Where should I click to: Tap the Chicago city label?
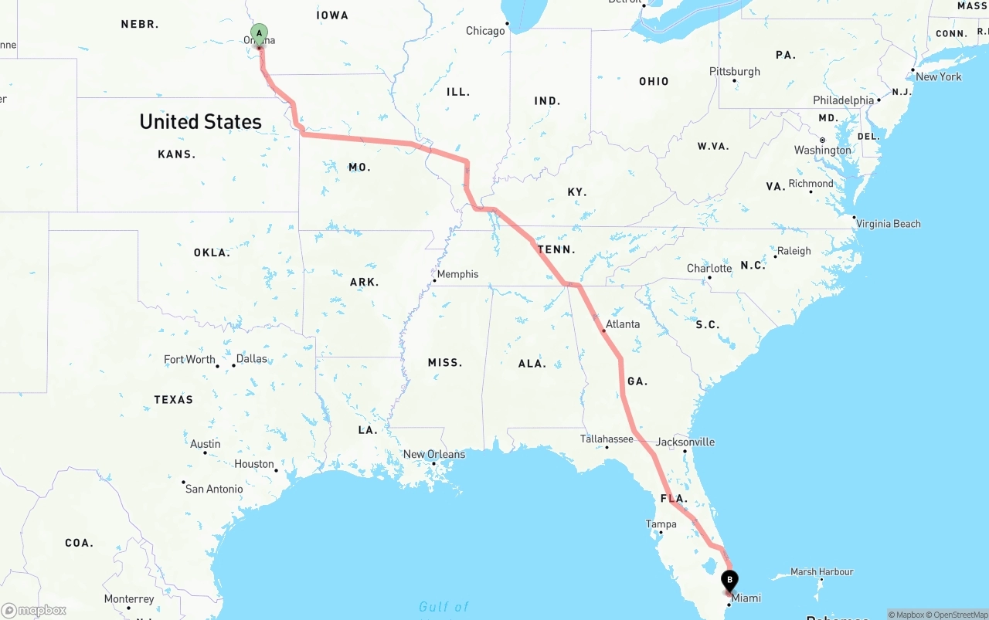485,31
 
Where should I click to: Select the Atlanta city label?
622,324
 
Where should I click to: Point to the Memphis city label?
457,274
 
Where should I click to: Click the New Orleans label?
434,454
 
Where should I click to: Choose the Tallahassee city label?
607,439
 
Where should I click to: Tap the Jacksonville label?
685,442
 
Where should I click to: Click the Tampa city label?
661,524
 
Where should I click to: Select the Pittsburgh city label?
735,72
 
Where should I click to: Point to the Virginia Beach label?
889,224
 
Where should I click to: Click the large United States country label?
200,122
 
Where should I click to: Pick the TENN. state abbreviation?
557,249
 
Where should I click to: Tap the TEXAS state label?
174,399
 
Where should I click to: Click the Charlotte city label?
709,269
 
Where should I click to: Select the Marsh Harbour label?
822,572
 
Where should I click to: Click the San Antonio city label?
214,489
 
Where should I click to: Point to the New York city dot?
913,69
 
